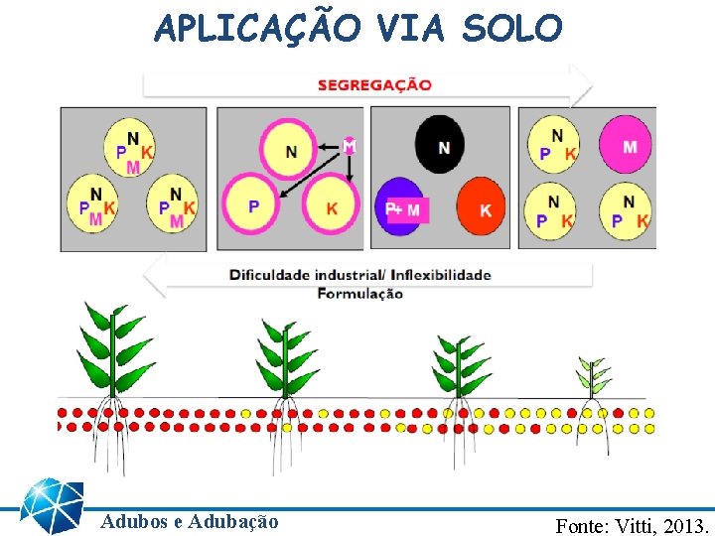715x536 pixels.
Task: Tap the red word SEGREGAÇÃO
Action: [374, 84]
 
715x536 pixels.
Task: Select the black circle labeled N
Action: [444, 148]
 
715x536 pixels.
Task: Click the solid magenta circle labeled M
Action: [629, 147]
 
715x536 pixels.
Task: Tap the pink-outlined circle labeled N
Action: [291, 151]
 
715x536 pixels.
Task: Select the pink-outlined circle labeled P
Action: [254, 206]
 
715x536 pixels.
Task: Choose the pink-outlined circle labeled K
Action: [332, 206]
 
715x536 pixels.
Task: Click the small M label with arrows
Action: [349, 145]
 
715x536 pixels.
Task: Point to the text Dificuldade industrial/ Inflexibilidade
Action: [360, 275]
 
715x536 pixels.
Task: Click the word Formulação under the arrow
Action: [359, 293]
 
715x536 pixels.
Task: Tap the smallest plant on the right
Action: [595, 380]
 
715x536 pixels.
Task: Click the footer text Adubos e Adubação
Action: [190, 521]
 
